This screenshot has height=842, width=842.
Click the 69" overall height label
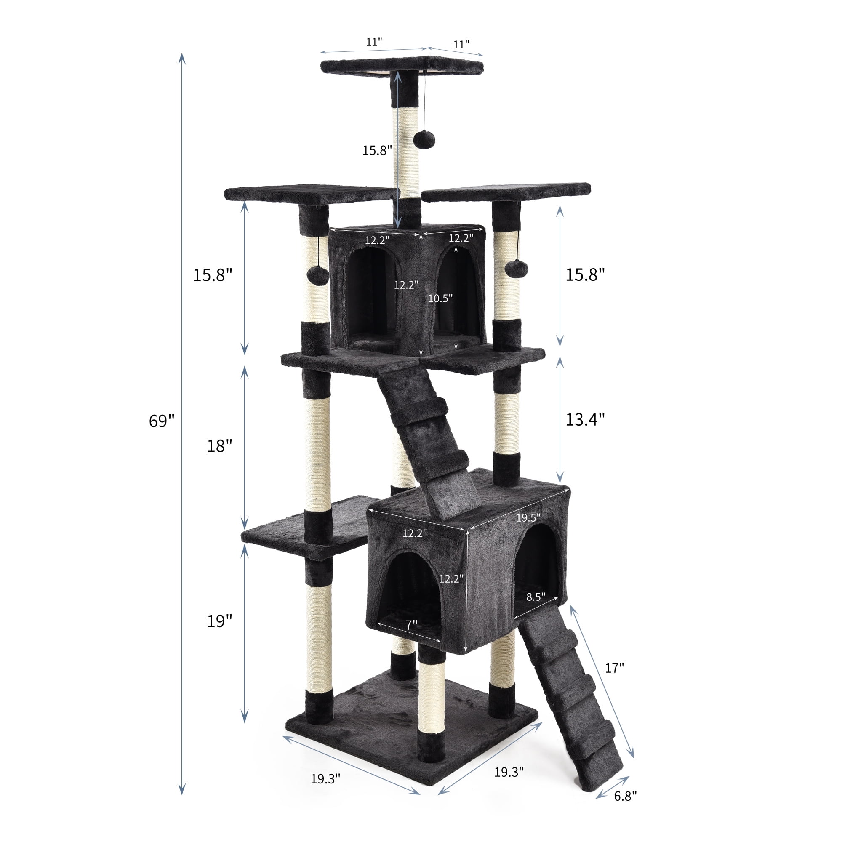tap(162, 421)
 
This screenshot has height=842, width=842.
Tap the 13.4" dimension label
tap(585, 420)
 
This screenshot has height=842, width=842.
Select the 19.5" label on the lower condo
tap(528, 517)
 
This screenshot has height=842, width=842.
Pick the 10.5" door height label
tap(440, 298)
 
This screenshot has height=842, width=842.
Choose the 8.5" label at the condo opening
tap(536, 597)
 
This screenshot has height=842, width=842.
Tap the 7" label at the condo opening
tap(411, 624)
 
